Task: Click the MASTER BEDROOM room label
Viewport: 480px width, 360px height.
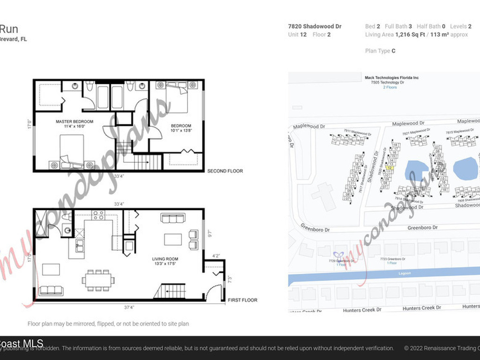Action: click(x=74, y=121)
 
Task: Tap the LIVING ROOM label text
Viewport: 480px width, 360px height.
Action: click(x=165, y=259)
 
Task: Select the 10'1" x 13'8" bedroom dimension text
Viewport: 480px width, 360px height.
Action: click(x=181, y=131)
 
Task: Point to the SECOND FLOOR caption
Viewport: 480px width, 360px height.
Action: click(x=225, y=171)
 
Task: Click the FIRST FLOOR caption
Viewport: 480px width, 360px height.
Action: click(x=242, y=300)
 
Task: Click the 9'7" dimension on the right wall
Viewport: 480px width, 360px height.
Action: click(x=209, y=232)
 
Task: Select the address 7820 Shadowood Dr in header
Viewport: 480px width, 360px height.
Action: click(x=315, y=26)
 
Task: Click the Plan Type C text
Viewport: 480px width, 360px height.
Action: click(x=380, y=51)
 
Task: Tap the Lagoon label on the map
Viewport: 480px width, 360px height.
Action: click(x=404, y=273)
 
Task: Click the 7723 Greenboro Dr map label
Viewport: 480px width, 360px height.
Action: click(x=392, y=259)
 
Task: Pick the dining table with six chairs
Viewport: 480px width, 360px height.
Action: click(x=98, y=280)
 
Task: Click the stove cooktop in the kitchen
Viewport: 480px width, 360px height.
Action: click(x=98, y=215)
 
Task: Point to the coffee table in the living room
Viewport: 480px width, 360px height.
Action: click(x=172, y=240)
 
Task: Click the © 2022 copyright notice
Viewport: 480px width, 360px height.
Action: click(x=441, y=348)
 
